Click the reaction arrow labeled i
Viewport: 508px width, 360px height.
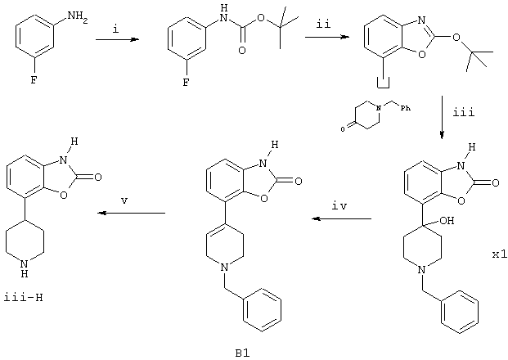point(117,39)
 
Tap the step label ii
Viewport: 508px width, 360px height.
point(323,25)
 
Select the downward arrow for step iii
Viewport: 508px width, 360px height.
point(443,117)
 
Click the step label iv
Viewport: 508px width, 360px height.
point(339,206)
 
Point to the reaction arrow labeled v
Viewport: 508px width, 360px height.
point(132,213)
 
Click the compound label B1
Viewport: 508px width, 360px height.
point(243,353)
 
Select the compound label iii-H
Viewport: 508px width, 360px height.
point(24,298)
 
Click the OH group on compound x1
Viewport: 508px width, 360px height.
point(447,221)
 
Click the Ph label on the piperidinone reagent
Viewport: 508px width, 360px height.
point(406,108)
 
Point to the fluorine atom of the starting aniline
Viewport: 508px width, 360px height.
point(34,80)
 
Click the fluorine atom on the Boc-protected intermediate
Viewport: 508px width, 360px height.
point(186,83)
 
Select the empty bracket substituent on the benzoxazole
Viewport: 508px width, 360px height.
point(384,83)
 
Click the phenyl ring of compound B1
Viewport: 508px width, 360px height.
point(262,309)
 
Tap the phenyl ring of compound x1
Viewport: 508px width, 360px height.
point(460,312)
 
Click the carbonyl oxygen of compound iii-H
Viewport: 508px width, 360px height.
point(97,177)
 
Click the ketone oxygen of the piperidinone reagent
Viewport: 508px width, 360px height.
point(343,129)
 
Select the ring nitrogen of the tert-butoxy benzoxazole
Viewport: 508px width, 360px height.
point(421,20)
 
